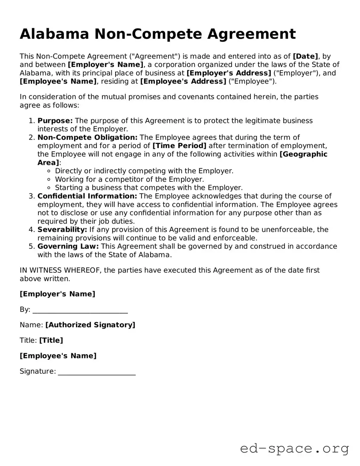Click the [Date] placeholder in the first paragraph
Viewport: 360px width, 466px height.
pos(305,56)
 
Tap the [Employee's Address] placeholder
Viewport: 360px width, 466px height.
pos(183,81)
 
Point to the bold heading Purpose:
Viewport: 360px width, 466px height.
pos(55,121)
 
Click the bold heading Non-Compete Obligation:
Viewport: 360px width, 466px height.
pos(87,137)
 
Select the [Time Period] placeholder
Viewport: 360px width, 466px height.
pos(179,146)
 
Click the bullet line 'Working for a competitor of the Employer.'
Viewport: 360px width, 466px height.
pos(129,179)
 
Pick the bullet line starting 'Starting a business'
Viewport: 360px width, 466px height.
pos(148,188)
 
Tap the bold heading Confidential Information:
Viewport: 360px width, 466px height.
pos(87,196)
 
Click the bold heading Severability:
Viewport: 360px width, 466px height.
pos(62,230)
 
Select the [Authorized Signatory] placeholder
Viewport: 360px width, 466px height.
pos(90,325)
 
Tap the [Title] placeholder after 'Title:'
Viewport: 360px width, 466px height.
pos(51,340)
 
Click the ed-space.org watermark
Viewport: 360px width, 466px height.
pos(294,449)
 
